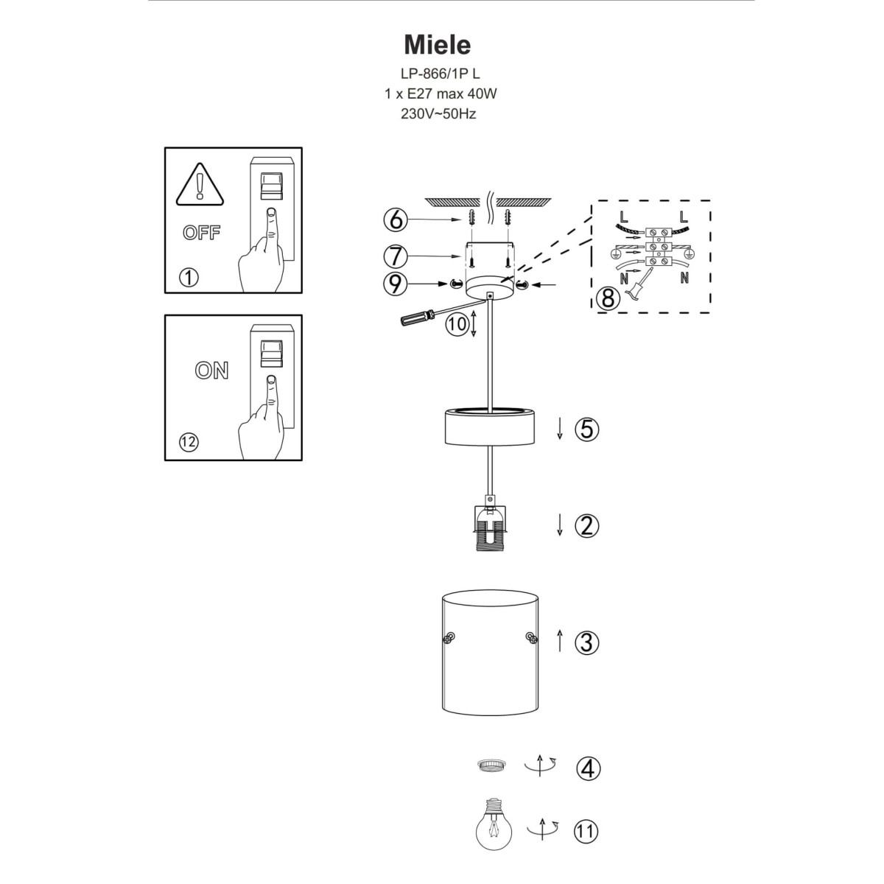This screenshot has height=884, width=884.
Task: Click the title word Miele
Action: pyautogui.click(x=437, y=45)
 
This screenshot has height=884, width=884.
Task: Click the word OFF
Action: pyautogui.click(x=201, y=234)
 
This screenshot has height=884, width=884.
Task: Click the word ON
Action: pyautogui.click(x=211, y=371)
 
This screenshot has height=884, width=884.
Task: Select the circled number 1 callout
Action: pyautogui.click(x=189, y=278)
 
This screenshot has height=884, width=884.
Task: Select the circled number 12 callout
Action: pyautogui.click(x=189, y=442)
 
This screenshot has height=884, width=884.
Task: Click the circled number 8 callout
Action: pyautogui.click(x=607, y=299)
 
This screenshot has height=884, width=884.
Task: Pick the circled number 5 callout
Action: pyautogui.click(x=587, y=429)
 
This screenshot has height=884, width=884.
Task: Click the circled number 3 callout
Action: pyautogui.click(x=587, y=642)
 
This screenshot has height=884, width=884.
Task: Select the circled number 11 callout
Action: pyautogui.click(x=587, y=832)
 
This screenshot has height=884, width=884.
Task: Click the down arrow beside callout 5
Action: pyautogui.click(x=560, y=428)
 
